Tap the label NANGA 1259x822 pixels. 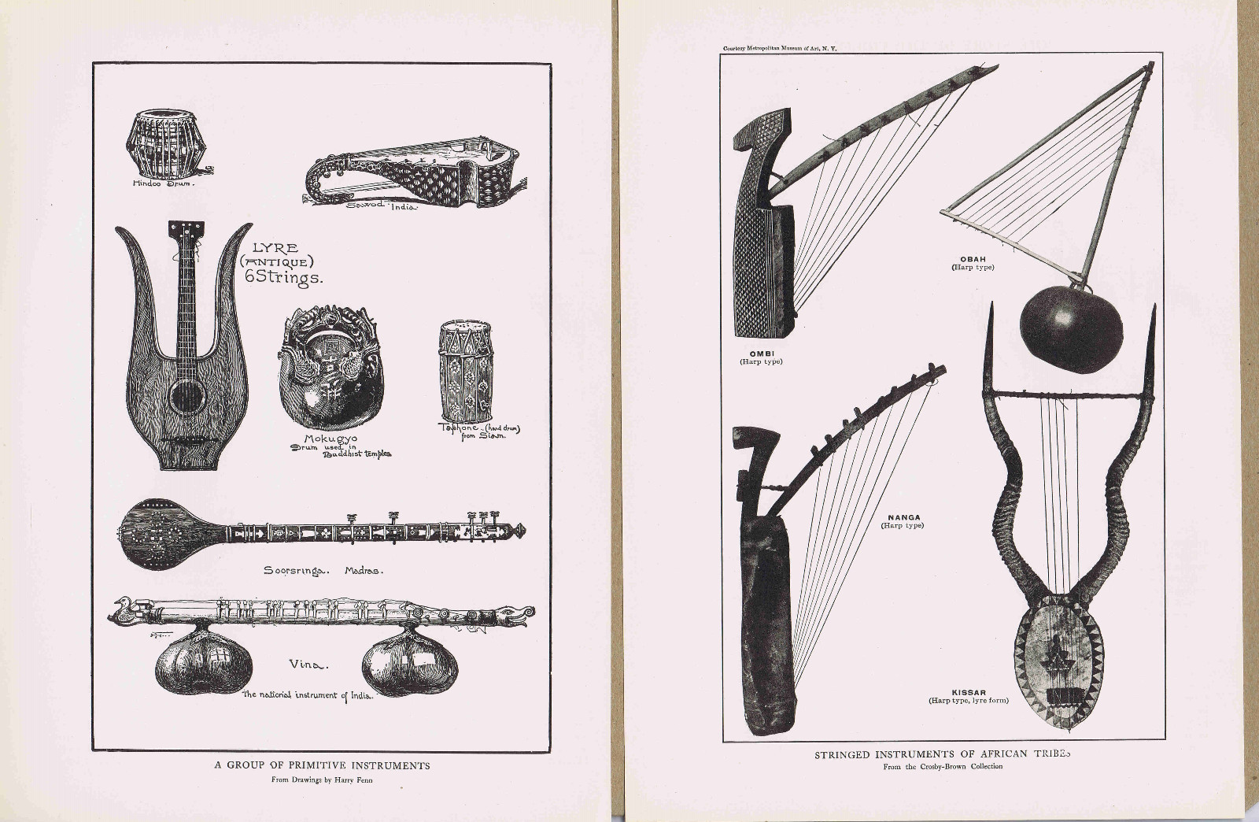point(904,517)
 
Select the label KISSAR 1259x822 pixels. point(968,693)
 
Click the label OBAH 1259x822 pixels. point(973,259)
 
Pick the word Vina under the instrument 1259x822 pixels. point(307,665)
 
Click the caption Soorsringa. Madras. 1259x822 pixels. point(323,570)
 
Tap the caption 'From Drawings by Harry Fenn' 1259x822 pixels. point(323,781)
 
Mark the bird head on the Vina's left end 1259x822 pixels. point(124,607)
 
